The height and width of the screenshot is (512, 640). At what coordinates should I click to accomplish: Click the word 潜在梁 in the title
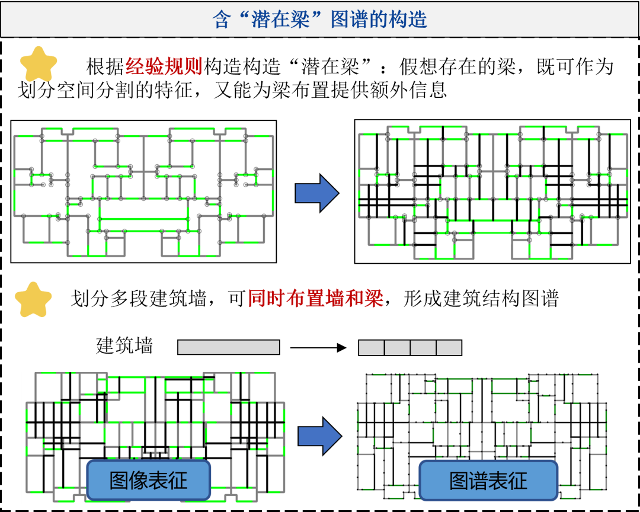coord(281,20)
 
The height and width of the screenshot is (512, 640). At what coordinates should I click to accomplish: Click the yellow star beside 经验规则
coord(39,65)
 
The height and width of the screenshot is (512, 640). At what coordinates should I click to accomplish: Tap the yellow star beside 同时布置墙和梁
coord(33,300)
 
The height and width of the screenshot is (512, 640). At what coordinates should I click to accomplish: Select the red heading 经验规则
coord(164,66)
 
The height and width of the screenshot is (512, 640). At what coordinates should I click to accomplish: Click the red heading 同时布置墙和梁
coord(316,298)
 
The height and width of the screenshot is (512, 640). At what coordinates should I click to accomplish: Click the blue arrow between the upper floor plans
coord(316,193)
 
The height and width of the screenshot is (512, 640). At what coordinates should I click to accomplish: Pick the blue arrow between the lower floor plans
coord(319,436)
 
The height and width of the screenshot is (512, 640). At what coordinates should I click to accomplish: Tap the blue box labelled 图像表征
coord(149,480)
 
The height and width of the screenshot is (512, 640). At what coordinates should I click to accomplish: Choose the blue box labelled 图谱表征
coord(488,481)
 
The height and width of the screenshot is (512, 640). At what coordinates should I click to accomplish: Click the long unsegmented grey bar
coord(229,347)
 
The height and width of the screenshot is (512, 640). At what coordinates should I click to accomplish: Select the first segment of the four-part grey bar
coord(372,348)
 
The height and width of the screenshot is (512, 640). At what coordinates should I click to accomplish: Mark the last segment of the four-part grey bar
coord(449,348)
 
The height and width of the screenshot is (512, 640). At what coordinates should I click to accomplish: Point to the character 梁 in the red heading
coord(374,298)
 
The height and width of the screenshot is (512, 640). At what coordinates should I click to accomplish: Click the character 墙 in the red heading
coord(335,298)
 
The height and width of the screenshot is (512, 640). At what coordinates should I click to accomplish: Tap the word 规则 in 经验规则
coord(183,66)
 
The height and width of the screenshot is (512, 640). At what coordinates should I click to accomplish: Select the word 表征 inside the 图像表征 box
coord(168,480)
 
